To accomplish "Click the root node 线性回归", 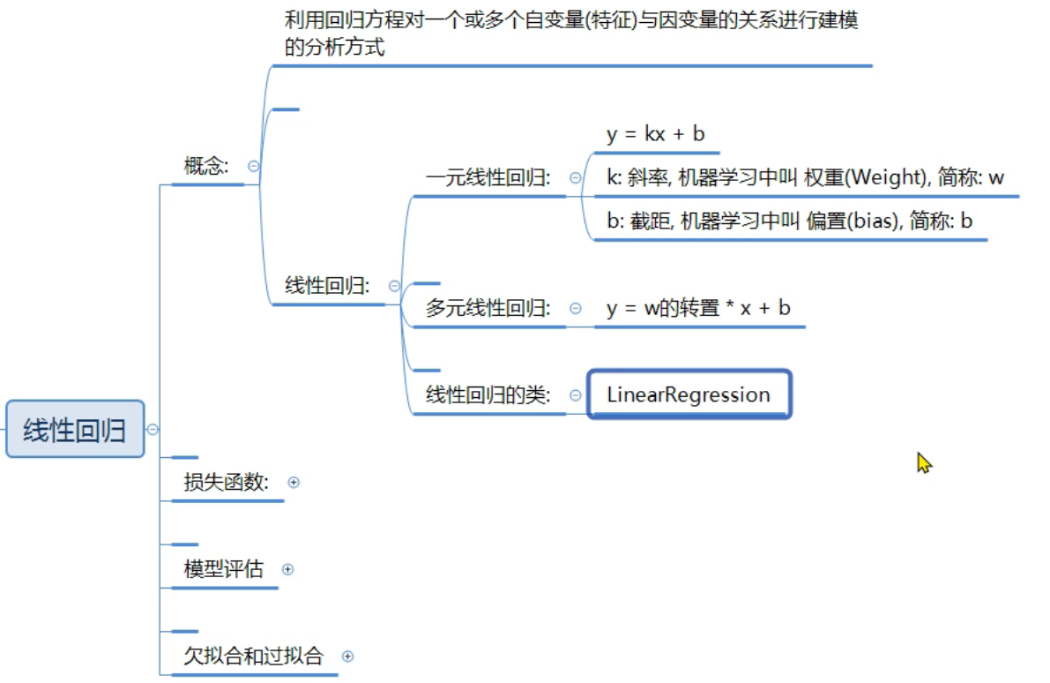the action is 74,430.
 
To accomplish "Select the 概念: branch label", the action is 206,165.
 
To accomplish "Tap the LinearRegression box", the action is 689,394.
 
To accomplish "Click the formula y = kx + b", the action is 655,134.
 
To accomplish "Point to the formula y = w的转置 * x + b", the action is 698,308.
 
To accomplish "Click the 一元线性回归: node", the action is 488,177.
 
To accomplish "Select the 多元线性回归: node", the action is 488,308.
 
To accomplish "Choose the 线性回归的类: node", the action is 488,394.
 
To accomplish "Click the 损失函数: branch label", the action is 227,482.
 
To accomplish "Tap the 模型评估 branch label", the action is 223,569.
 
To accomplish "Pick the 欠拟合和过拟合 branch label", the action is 253,656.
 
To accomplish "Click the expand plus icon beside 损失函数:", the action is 294,482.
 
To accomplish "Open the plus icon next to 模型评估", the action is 287,569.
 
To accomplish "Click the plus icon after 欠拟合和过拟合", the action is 347,656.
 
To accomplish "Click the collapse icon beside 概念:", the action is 253,165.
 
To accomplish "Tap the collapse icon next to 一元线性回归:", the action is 576,177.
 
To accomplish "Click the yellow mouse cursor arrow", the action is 923,462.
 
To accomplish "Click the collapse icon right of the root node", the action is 153,430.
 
